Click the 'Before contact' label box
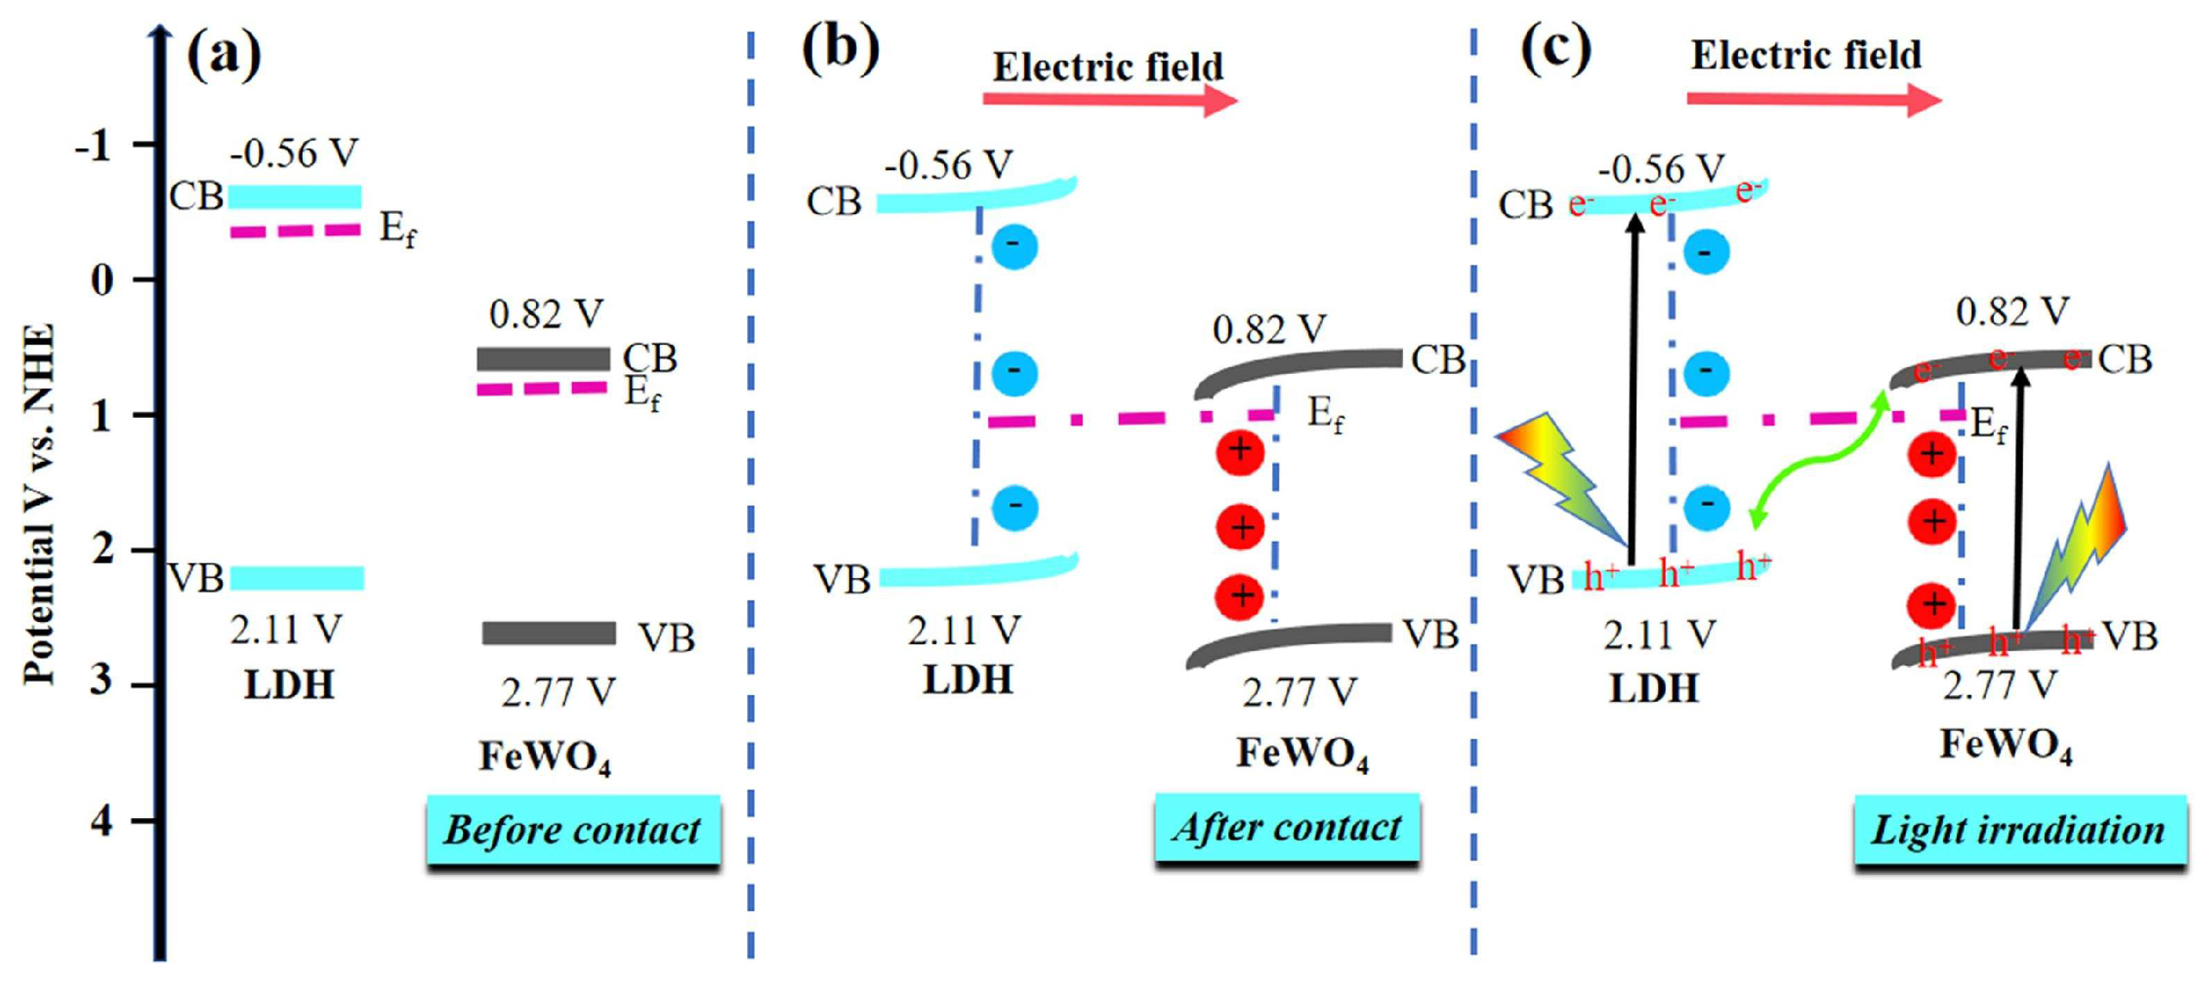coord(572,830)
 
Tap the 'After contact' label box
coord(1286,827)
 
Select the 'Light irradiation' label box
coord(2018,830)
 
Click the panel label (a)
coord(223,54)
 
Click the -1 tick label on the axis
coord(93,146)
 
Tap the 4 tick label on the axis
coord(102,821)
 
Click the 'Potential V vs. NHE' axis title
coord(39,505)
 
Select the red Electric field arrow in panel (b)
coord(1110,100)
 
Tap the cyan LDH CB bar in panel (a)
coord(295,197)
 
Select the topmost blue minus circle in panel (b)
coord(1015,246)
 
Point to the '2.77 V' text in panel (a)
coord(558,692)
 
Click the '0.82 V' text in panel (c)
coord(2012,312)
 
